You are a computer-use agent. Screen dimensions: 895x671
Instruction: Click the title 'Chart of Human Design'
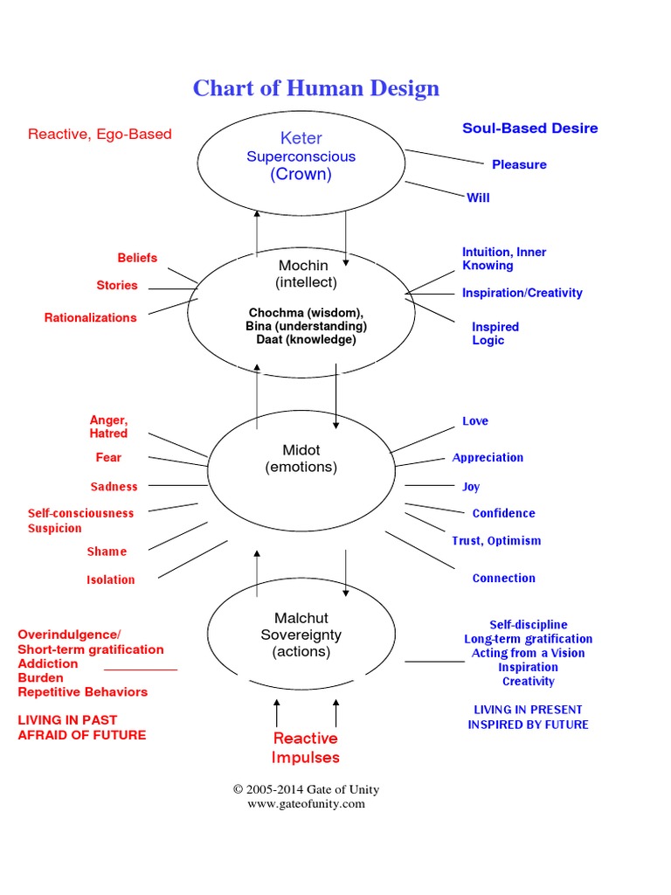pos(315,88)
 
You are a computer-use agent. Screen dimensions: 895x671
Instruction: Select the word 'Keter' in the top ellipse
pos(301,138)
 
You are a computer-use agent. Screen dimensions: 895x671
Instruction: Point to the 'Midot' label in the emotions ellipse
pos(301,450)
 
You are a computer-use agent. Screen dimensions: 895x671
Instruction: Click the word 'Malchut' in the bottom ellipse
pos(301,618)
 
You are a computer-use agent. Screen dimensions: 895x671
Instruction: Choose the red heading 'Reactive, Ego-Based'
pos(100,134)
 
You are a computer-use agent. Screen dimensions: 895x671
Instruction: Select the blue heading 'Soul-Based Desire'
pos(529,128)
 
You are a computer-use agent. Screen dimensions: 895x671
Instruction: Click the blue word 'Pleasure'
pos(519,164)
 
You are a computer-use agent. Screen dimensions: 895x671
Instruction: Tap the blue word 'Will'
pos(478,198)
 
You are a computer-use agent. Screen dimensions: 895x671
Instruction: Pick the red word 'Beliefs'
pos(137,258)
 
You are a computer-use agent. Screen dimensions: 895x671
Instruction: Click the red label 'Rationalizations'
pos(91,317)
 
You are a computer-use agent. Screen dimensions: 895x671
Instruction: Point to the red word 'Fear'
pos(108,457)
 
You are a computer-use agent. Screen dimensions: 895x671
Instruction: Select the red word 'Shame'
pos(107,552)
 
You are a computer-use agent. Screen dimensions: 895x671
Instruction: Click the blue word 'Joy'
pos(471,487)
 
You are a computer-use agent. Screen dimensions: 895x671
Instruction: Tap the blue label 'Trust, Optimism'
pos(495,541)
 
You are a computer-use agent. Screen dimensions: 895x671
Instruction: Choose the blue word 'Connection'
pos(503,578)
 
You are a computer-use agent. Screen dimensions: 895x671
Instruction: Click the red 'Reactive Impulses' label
pos(305,748)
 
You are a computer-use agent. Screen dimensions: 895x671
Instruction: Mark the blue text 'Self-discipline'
pos(528,625)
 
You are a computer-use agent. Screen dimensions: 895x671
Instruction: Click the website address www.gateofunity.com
pos(305,804)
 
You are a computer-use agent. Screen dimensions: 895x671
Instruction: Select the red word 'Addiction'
pos(48,663)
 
